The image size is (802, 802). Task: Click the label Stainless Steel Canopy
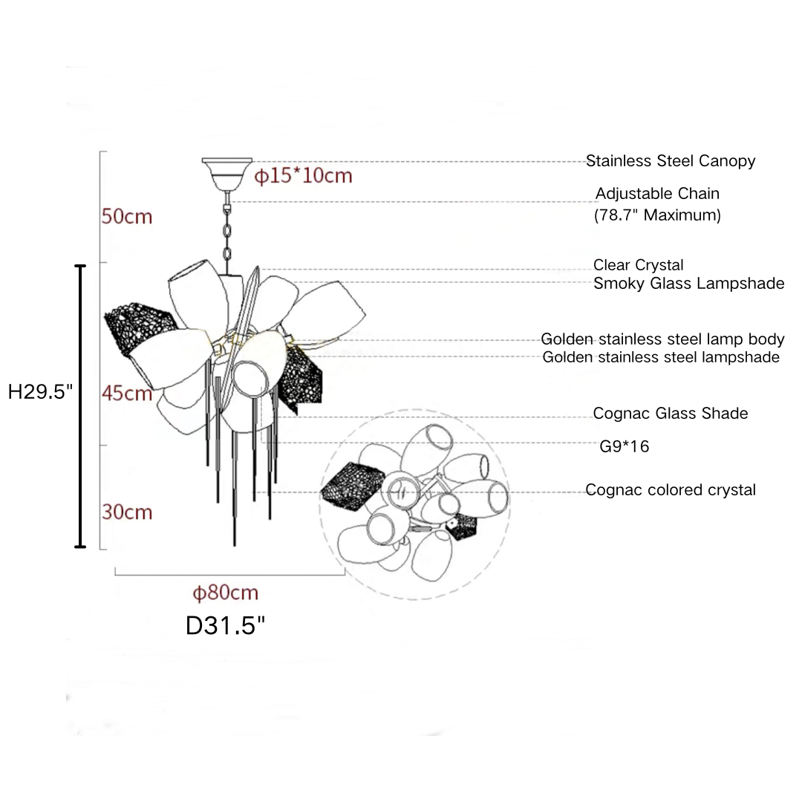tap(670, 160)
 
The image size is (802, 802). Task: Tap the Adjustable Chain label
tap(657, 194)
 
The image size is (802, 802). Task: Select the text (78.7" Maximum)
tap(657, 215)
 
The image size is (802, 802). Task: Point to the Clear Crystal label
tap(638, 265)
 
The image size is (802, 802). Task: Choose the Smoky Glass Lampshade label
tap(688, 283)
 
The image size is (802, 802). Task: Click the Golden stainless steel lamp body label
tap(662, 339)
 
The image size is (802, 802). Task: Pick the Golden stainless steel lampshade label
tap(661, 357)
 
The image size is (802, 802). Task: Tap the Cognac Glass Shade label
tap(670, 413)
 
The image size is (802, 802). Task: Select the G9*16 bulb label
tap(624, 446)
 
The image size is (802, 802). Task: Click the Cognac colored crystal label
tap(670, 490)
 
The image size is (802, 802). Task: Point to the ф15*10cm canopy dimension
tap(303, 176)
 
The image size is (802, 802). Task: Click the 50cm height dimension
tap(126, 216)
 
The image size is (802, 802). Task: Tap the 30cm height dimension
tap(127, 512)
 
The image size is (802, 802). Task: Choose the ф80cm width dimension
tap(225, 593)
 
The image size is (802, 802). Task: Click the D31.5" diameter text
tap(225, 625)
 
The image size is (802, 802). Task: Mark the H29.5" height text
tap(40, 392)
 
